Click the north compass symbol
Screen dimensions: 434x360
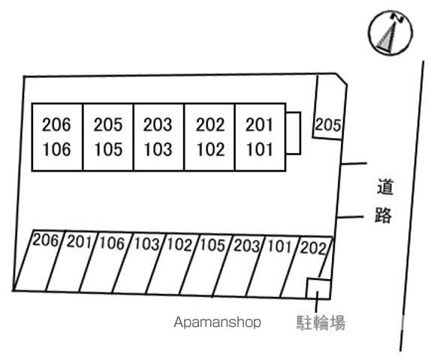(390, 32)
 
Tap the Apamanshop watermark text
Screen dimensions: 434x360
(217, 322)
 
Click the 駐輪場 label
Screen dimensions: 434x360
(321, 322)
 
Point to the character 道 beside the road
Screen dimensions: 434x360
(385, 187)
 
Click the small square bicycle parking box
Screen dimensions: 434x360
(318, 289)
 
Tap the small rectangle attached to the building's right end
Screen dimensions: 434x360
(293, 133)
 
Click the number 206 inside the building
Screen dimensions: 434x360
(56, 124)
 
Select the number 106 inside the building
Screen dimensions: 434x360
(57, 149)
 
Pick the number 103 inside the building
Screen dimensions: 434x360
(158, 149)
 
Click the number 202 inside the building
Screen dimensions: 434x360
(210, 124)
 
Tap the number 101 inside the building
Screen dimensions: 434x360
(259, 149)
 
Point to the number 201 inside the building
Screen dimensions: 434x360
(259, 124)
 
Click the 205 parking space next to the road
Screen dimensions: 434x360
(330, 108)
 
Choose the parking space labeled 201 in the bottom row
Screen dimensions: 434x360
(71, 261)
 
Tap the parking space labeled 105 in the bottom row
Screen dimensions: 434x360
(205, 265)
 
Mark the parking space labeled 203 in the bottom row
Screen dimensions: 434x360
(239, 265)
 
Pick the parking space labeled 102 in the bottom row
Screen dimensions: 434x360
(172, 264)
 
